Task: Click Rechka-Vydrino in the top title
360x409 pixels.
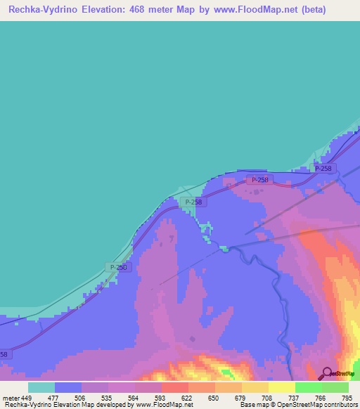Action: (43, 11)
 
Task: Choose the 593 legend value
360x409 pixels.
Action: (161, 397)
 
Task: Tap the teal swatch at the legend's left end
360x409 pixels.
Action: (41, 387)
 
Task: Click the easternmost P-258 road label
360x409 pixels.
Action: (323, 169)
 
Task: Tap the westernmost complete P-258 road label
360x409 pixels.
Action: (119, 267)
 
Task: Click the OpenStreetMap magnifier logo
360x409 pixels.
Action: (326, 373)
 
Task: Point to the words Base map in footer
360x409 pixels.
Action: (254, 405)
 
